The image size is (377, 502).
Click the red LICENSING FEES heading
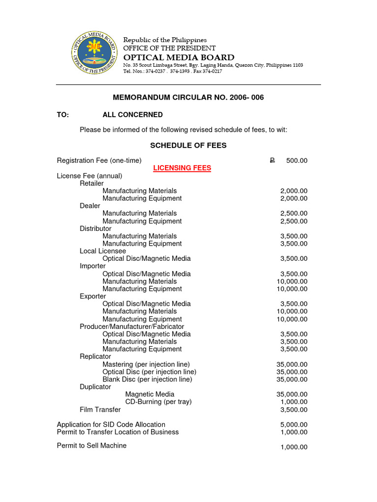(x=182, y=168)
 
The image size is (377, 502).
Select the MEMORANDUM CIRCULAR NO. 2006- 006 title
(x=188, y=98)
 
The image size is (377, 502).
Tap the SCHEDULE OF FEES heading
(x=188, y=146)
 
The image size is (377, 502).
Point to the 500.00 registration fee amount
(x=297, y=161)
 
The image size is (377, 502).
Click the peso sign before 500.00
(x=272, y=161)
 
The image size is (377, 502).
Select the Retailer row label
(x=92, y=183)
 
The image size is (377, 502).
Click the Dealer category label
(x=90, y=206)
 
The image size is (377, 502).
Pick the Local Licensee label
(x=103, y=251)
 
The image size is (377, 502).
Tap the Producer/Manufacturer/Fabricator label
(x=132, y=326)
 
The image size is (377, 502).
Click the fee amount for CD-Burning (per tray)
(x=294, y=402)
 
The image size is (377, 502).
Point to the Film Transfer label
(x=100, y=409)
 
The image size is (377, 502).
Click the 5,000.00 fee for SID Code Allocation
(x=294, y=425)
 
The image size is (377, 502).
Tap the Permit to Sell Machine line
(x=92, y=446)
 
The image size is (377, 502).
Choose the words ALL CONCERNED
(x=133, y=115)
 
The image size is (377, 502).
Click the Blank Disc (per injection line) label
(x=147, y=379)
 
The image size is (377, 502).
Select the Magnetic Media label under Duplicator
(x=150, y=394)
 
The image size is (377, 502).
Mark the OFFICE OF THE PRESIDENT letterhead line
(x=169, y=48)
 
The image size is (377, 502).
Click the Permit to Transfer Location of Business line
(x=118, y=432)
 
